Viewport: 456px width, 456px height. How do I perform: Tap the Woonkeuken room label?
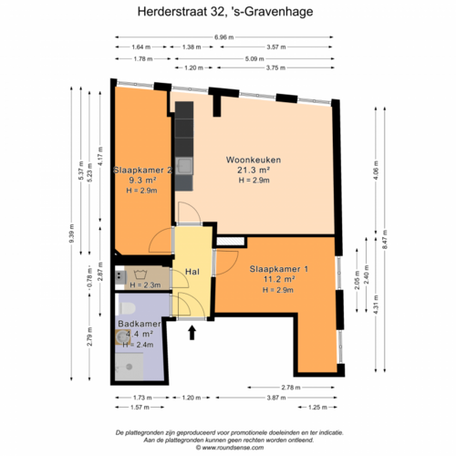click(254, 160)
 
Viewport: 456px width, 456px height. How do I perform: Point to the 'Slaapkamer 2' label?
click(142, 171)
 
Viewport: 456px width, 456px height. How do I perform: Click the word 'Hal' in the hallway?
click(192, 272)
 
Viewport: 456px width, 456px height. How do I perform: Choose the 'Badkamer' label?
click(140, 324)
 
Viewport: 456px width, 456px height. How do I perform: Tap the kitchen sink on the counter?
click(185, 164)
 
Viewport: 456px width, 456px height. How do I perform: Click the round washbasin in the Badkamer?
click(122, 337)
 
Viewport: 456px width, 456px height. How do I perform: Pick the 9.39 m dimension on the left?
click(72, 234)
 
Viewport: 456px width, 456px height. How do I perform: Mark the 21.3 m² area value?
click(254, 171)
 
